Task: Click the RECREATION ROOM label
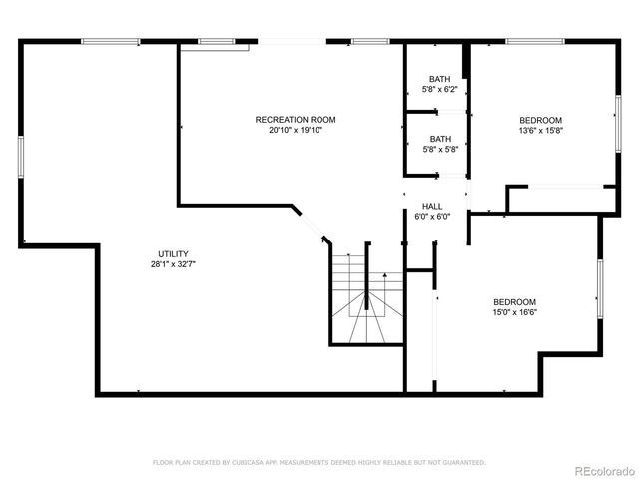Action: (x=295, y=120)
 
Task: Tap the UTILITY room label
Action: (x=173, y=254)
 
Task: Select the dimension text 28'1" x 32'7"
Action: (x=173, y=264)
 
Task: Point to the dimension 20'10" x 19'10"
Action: (x=295, y=130)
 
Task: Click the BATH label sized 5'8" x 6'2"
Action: (x=439, y=79)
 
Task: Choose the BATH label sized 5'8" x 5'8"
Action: (x=439, y=139)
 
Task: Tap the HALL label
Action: (x=432, y=206)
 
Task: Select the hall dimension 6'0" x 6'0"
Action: (x=432, y=216)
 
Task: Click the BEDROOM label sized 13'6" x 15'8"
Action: (x=540, y=120)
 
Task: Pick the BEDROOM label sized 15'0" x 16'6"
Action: (x=514, y=302)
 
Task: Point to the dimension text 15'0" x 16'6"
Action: (x=514, y=312)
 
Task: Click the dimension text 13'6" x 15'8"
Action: (x=540, y=130)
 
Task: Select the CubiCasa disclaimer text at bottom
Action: (x=319, y=463)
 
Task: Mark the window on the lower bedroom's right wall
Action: (x=599, y=289)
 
